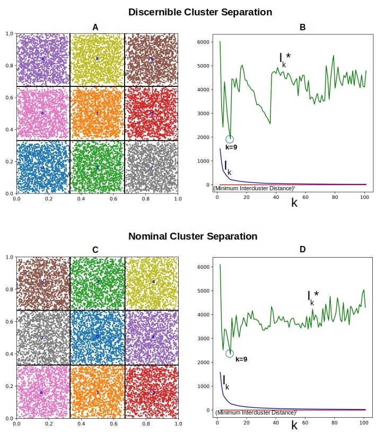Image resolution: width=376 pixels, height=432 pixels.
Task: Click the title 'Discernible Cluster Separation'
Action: point(200,12)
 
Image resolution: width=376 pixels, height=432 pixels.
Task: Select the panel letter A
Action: point(95,28)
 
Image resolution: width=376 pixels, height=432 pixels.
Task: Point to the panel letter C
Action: point(95,250)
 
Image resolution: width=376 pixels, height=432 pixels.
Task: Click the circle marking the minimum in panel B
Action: point(230,139)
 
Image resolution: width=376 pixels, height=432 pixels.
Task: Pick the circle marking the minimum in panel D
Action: point(230,354)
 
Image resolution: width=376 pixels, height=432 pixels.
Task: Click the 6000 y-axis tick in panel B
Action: point(205,42)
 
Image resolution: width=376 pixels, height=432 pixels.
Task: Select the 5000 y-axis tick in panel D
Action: point(205,291)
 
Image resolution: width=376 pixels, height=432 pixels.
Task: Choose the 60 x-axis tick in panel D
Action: point(305,422)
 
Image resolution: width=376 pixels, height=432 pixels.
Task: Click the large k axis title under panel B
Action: point(294,202)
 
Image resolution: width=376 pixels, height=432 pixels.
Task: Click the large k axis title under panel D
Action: point(294,426)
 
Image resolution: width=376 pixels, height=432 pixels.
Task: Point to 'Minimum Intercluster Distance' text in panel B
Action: point(254,188)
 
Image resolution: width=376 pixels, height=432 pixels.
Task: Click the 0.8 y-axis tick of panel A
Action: point(8,66)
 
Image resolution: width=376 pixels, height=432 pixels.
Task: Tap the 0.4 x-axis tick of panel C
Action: point(81,424)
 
